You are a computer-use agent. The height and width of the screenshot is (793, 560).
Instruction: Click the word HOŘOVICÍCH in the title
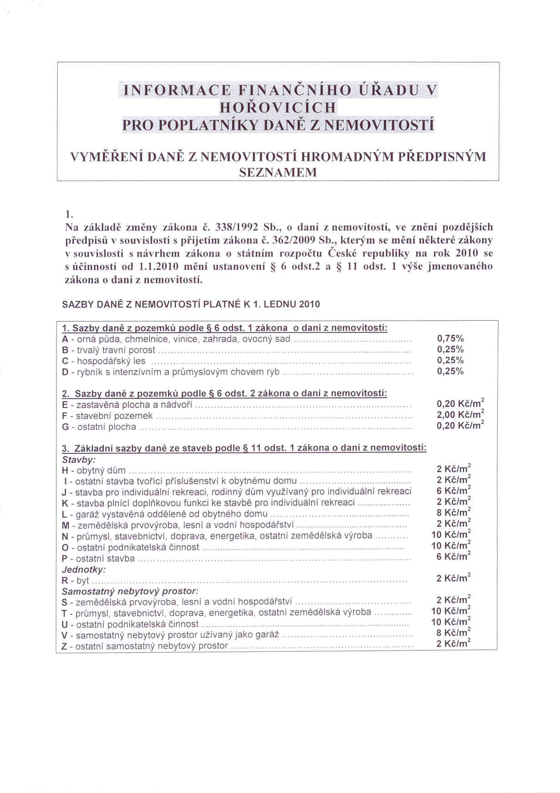click(278, 108)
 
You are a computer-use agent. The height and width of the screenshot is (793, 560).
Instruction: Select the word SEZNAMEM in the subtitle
click(278, 173)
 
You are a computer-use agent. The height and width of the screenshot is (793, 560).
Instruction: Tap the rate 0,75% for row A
click(450, 339)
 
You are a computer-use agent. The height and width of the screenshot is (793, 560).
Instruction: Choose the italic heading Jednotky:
click(84, 570)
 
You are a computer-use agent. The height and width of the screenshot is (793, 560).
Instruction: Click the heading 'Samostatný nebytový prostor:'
click(130, 592)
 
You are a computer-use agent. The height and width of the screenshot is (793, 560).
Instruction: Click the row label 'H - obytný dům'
click(94, 470)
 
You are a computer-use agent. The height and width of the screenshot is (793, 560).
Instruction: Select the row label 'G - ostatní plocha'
click(99, 427)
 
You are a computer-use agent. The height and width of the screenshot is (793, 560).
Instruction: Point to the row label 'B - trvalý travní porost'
click(108, 350)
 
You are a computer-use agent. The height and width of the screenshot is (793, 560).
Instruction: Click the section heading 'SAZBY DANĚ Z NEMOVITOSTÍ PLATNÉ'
click(190, 304)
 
